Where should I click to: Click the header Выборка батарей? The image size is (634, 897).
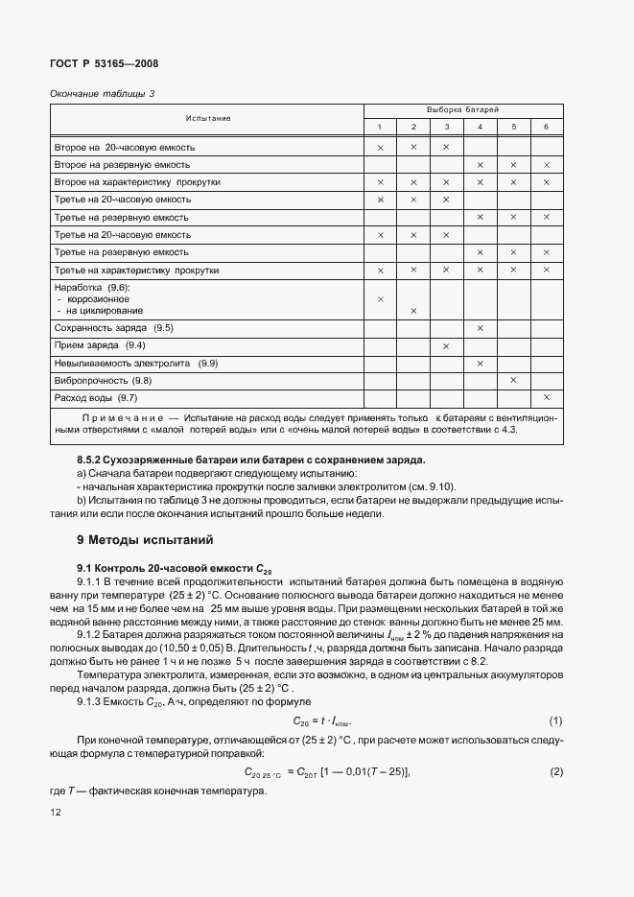tap(463, 110)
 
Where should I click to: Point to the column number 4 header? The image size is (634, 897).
tap(480, 127)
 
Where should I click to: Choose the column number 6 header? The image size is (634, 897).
tap(546, 127)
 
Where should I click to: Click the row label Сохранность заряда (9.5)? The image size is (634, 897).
tap(114, 328)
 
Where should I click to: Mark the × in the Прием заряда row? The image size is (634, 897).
tap(446, 345)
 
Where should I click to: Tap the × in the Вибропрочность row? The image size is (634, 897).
tap(513, 380)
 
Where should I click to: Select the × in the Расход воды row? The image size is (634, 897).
tap(546, 397)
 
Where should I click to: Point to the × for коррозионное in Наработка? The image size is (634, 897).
tap(381, 299)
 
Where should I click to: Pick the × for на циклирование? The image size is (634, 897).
tap(413, 311)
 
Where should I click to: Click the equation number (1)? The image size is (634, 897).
tap(555, 720)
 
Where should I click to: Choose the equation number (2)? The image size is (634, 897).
tap(555, 771)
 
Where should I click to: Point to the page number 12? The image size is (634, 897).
tap(56, 812)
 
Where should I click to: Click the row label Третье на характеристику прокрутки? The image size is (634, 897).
tap(137, 270)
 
